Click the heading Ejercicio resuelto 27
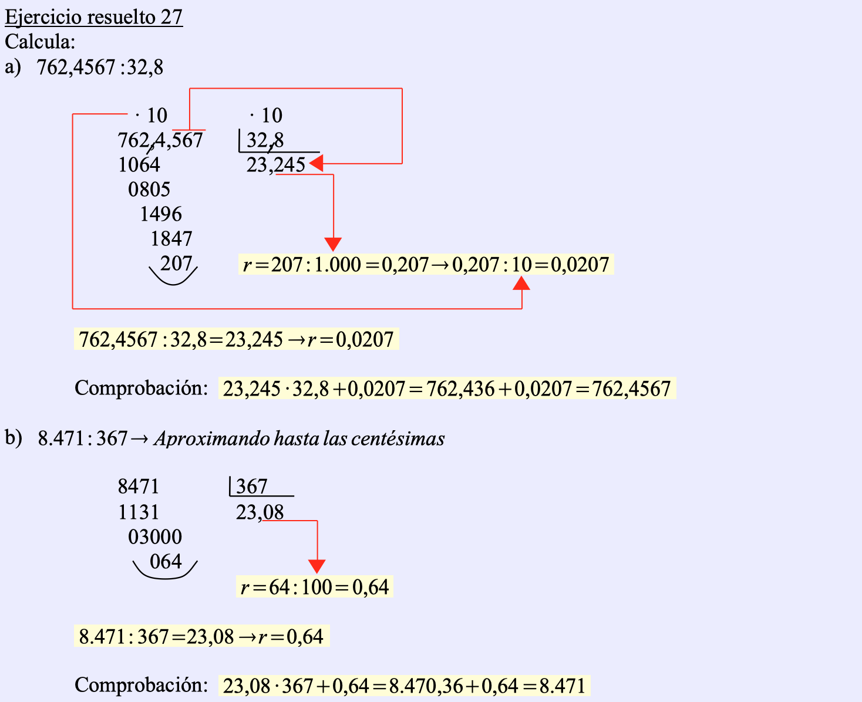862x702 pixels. [94, 16]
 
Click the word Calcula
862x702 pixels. [40, 42]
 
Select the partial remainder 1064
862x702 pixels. [139, 165]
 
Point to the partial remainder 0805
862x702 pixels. [149, 190]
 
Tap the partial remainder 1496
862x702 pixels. [161, 214]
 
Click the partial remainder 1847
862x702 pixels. [171, 239]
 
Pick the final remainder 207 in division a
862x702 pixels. [176, 264]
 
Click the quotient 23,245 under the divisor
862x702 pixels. [275, 165]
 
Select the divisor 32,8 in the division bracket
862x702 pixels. [265, 140]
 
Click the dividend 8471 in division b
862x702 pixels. [139, 487]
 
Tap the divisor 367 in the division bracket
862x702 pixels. [251, 487]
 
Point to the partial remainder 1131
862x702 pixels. [139, 512]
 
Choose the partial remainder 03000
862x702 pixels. [155, 537]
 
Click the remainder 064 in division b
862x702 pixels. [166, 562]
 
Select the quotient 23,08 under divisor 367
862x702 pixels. [260, 512]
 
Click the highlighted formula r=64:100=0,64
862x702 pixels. [315, 587]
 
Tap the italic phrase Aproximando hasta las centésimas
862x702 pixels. [299, 438]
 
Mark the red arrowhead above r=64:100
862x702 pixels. [317, 566]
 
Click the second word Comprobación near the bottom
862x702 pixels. [141, 685]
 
